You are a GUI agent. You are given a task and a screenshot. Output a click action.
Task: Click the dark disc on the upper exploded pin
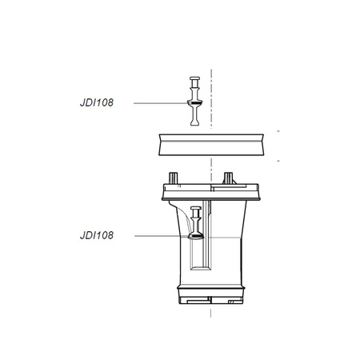(x=193, y=105)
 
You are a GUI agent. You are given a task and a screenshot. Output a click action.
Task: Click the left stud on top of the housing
(x=173, y=177)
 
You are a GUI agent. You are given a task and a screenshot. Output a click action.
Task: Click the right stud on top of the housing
(x=229, y=176)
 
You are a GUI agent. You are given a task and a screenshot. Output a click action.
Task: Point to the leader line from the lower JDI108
(x=160, y=236)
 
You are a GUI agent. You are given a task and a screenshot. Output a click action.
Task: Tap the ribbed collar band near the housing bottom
(x=210, y=287)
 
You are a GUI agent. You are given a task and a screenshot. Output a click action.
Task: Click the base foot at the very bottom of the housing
(x=210, y=302)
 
